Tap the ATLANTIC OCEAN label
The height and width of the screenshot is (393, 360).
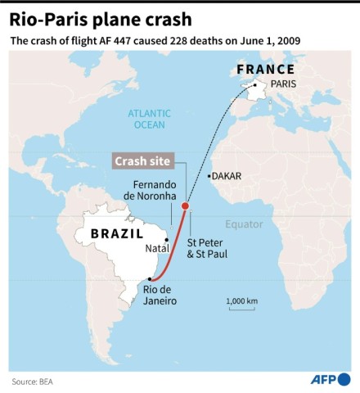pos(147,120)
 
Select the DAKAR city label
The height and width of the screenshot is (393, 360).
pos(228,175)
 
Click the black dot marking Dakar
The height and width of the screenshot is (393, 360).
pos(209,175)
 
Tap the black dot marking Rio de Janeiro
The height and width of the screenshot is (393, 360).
pos(149,279)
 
